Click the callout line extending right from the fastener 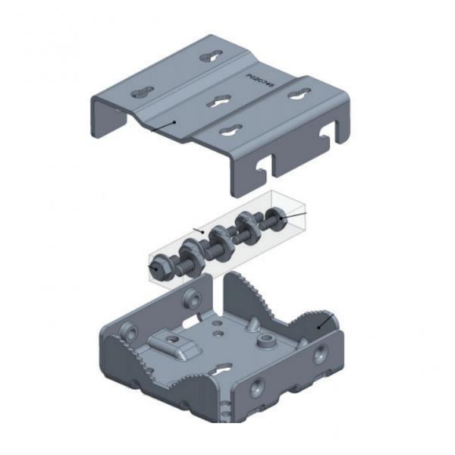297,217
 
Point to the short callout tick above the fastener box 199,230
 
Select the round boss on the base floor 267,342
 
